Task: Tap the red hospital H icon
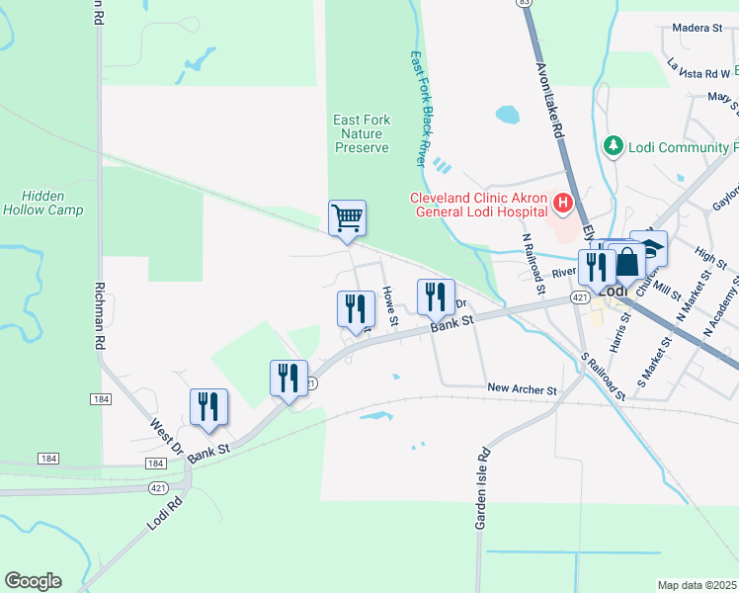pos(563,205)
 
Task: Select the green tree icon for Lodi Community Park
pos(614,146)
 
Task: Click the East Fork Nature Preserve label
pos(362,133)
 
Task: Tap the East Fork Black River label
pos(421,108)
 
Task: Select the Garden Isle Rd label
pos(483,488)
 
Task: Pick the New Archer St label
pos(522,389)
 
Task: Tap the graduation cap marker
pos(650,247)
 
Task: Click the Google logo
pos(33,581)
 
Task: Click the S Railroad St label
pos(604,376)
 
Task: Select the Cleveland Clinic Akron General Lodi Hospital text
pos(478,205)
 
